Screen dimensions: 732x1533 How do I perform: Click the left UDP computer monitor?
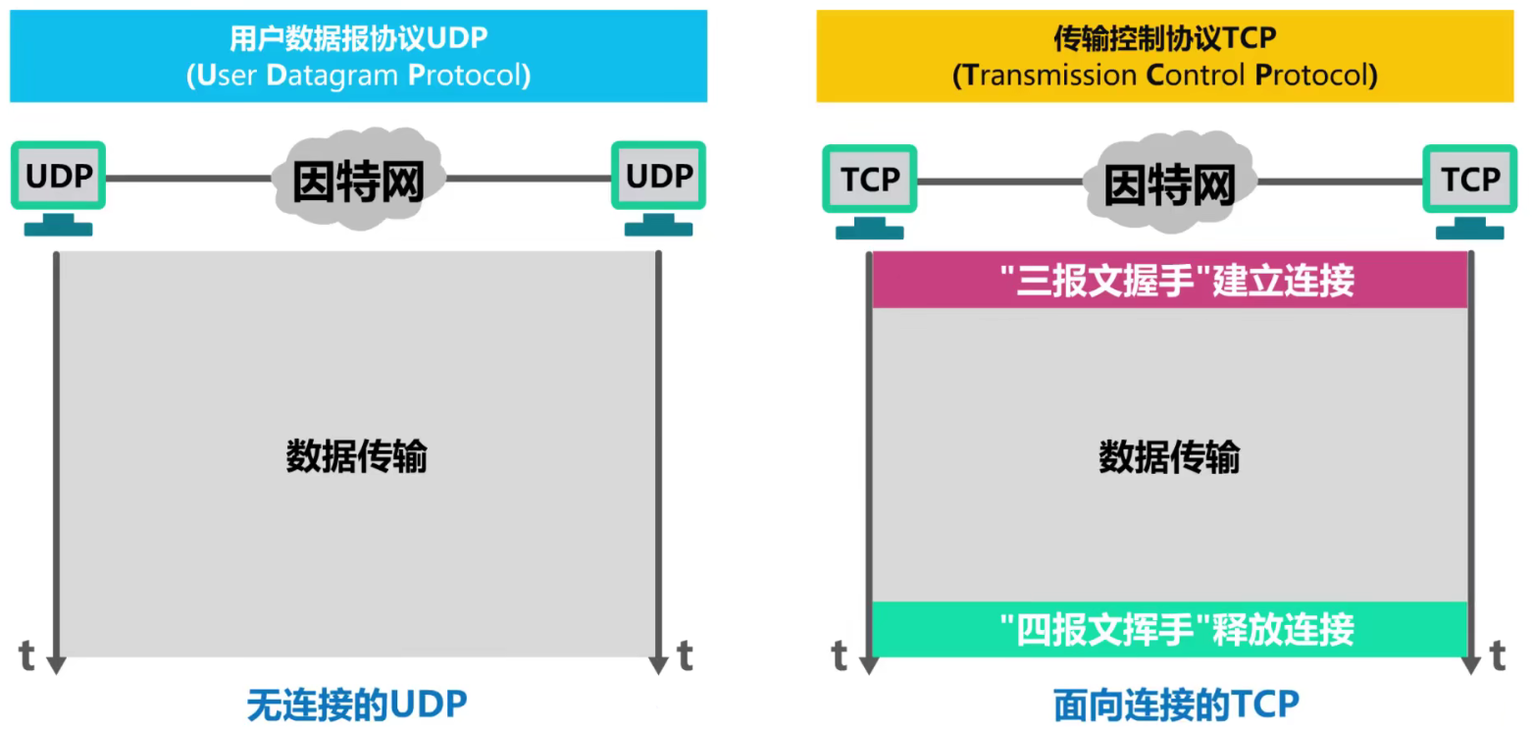[59, 177]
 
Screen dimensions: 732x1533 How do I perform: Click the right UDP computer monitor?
[658, 177]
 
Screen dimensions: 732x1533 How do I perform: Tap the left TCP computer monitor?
[870, 181]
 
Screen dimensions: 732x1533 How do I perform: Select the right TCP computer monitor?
[1469, 181]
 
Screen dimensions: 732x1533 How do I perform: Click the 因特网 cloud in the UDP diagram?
[359, 179]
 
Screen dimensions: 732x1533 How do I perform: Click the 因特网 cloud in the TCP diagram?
[1169, 182]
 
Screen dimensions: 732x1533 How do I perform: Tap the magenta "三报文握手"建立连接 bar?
[1169, 282]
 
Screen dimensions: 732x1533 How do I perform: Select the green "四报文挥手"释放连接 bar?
[1169, 628]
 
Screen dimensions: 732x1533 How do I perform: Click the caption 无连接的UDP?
[357, 705]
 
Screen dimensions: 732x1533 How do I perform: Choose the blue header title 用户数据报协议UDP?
[358, 39]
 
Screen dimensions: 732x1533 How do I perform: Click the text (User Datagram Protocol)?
[358, 76]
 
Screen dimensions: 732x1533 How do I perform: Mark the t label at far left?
[27, 655]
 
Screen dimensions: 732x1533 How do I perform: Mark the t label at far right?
[1498, 655]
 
